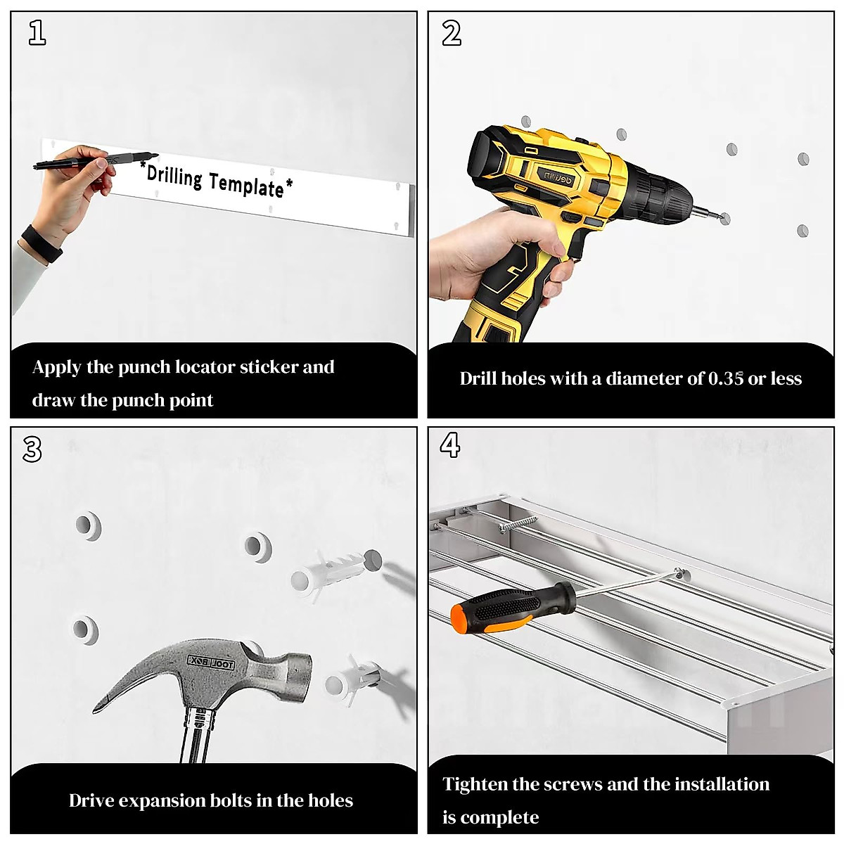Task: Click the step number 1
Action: pyautogui.click(x=37, y=33)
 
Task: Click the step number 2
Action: pyautogui.click(x=452, y=33)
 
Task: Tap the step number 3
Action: pyautogui.click(x=32, y=449)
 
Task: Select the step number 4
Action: pyautogui.click(x=450, y=445)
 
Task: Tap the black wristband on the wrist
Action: pyautogui.click(x=41, y=244)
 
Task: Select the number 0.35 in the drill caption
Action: pyautogui.click(x=726, y=378)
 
